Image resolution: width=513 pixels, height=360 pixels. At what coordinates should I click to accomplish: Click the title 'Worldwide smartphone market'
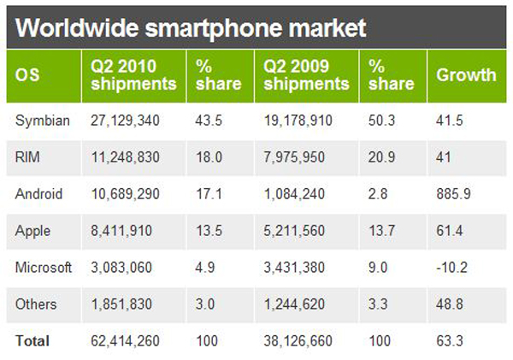[191, 28]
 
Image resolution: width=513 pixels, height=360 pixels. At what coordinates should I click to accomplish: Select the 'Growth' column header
[466, 75]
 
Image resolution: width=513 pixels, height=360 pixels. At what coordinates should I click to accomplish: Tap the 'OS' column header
[27, 75]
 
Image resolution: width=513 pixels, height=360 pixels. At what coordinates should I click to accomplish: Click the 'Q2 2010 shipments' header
[133, 75]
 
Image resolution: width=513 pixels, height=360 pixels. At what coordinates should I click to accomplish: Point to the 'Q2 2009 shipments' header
[306, 75]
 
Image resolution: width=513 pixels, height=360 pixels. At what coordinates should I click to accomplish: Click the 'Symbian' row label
[43, 121]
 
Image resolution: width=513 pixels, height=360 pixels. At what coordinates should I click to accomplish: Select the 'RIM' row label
[27, 157]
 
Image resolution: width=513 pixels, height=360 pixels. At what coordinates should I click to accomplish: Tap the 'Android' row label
[38, 194]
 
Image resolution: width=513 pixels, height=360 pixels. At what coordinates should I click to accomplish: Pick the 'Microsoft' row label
[44, 268]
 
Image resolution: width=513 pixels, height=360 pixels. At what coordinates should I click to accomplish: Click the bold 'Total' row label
[32, 341]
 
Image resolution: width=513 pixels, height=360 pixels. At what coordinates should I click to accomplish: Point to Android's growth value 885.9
[453, 194]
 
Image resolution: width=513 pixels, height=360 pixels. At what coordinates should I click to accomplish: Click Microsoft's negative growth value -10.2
[451, 268]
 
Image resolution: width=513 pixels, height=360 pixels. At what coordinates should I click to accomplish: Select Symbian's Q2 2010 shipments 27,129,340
[125, 121]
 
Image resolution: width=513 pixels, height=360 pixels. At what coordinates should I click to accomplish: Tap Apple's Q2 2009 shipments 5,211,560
[294, 231]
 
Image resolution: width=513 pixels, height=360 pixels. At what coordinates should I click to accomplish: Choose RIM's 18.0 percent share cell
[209, 157]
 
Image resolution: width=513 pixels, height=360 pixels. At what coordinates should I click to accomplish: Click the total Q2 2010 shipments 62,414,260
[125, 341]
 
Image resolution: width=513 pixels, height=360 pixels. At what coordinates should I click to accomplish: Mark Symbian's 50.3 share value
[381, 121]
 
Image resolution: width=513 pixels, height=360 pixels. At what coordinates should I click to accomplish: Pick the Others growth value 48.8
[449, 304]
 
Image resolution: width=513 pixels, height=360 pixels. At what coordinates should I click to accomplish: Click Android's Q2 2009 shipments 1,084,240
[294, 194]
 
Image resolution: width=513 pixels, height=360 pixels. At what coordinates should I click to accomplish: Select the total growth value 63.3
[449, 341]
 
